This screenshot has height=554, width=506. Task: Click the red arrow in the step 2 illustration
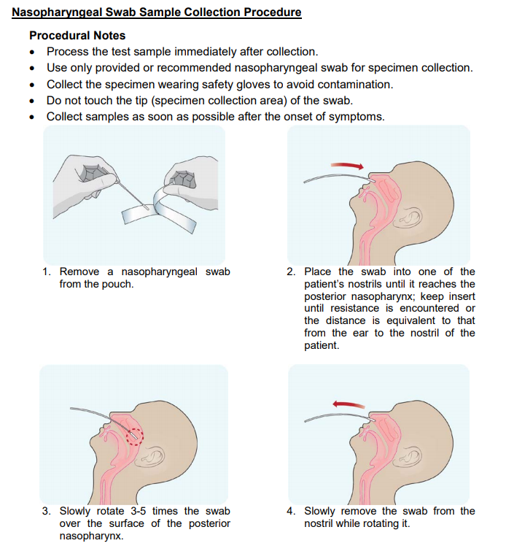(346, 166)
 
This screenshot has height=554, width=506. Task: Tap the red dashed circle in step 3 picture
(136, 435)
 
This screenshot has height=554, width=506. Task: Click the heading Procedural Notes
(77, 35)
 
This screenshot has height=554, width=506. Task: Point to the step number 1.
(46, 272)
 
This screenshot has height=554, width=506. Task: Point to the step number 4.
(291, 511)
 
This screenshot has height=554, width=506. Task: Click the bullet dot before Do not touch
(32, 101)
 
